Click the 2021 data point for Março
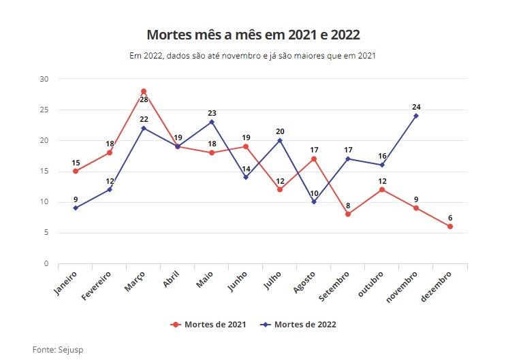144,91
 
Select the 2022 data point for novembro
416,116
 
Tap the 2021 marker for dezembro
450,227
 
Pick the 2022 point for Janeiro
76,208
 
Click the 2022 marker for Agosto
314,201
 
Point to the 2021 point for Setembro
348,214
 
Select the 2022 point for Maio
212,122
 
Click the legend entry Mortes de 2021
208,325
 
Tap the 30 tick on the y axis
44,79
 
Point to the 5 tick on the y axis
46,233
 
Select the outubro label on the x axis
371,284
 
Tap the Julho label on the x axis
272,281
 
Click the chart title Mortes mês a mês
253,35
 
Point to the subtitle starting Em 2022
253,56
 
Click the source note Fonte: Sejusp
58,349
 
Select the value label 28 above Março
144,99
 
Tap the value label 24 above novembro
416,107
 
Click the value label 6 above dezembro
450,218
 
